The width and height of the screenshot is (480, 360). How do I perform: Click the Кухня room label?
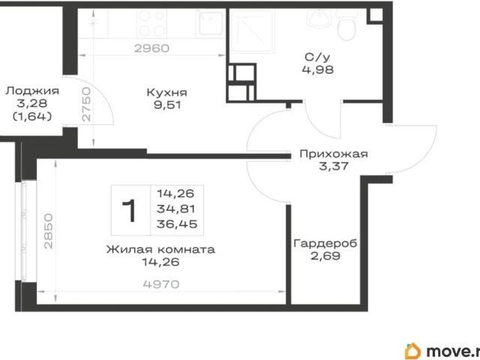pos(166,92)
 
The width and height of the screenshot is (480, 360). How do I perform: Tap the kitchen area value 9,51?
pos(167,105)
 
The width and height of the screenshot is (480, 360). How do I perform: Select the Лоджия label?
pos(32,91)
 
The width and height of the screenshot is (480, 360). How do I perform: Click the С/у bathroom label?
pos(318,57)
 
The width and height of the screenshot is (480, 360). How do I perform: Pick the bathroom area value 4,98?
pos(318,70)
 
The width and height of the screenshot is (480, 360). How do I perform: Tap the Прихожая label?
pos(334,153)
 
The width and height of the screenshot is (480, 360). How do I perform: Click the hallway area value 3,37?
pos(334,166)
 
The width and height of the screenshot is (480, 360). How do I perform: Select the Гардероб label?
pos(325,244)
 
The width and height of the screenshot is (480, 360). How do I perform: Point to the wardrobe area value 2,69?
pos(325,256)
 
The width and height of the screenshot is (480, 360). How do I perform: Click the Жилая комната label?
pos(160,249)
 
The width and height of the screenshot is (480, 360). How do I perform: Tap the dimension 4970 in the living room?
pos(161,284)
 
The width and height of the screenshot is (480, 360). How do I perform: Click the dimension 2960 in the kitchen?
pos(151,48)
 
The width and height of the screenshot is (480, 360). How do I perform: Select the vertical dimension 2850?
pos(48,231)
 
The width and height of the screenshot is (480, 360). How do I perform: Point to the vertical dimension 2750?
pos(87,104)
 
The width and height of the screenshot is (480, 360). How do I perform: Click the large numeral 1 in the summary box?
pos(129,211)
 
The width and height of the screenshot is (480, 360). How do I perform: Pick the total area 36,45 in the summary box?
pos(177,224)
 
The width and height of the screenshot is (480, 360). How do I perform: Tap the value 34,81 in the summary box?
pos(176,209)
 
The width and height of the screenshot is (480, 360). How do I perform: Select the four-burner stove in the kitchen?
pos(151,23)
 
